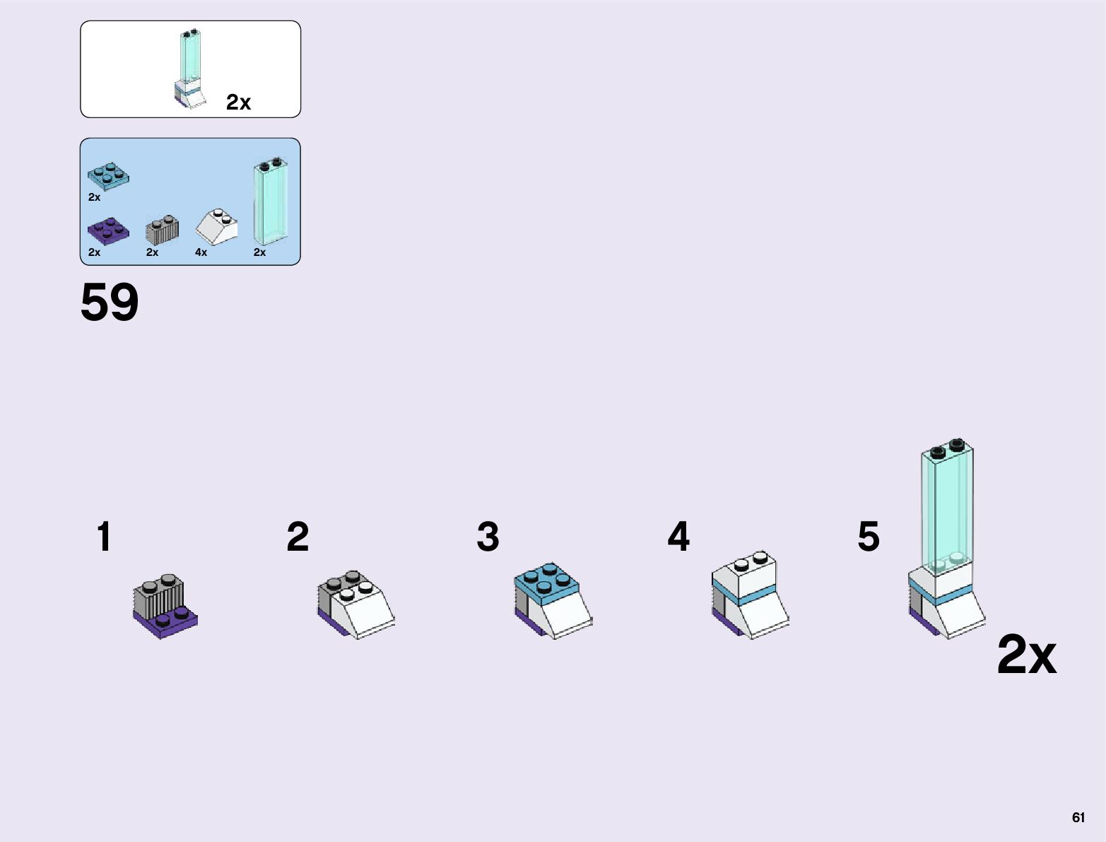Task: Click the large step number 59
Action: (110, 303)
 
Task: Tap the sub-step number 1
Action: (104, 537)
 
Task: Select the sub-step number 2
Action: (298, 537)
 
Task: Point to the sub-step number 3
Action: (488, 537)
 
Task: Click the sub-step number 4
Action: (678, 537)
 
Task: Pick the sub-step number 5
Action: (869, 537)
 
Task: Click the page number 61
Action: (1078, 817)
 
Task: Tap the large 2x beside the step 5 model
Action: (1026, 655)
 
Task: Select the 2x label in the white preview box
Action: (238, 103)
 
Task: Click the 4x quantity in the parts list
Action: (201, 252)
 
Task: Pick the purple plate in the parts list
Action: (108, 230)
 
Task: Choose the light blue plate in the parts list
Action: (108, 175)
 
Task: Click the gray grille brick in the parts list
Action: (162, 228)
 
